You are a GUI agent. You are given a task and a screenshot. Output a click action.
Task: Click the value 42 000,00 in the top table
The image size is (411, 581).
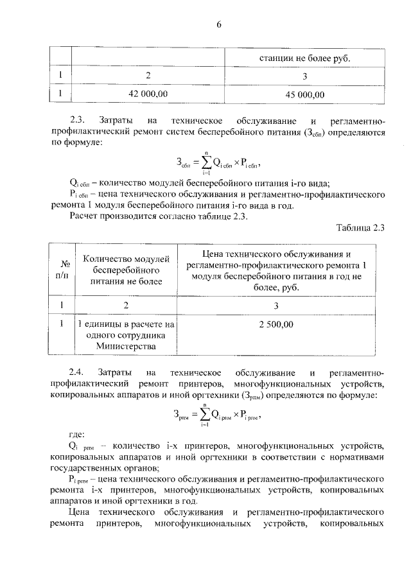pos(148,94)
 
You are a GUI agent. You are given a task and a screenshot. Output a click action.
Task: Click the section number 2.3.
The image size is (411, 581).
pos(77,121)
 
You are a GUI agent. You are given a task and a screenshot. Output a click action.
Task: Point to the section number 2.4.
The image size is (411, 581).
pos(77,372)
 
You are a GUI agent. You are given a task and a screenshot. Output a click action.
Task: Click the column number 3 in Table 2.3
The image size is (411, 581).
pos(276,305)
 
